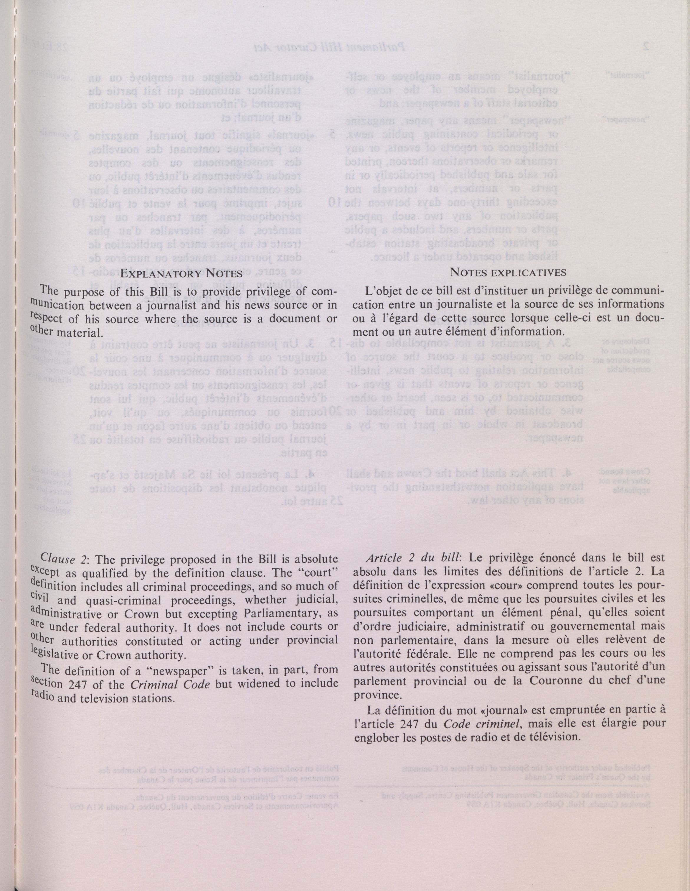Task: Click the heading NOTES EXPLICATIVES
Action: click(x=508, y=272)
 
